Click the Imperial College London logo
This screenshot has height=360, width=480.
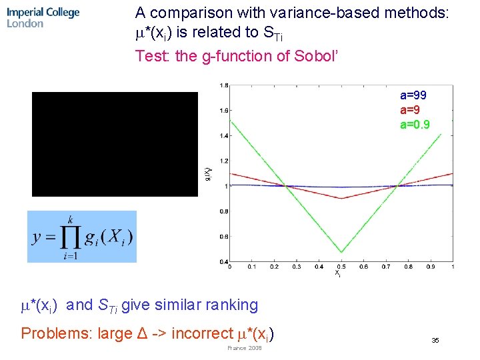(43, 17)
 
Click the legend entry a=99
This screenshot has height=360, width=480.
(413, 95)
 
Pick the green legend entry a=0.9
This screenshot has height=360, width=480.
(415, 125)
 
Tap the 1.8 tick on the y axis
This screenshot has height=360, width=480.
(225, 85)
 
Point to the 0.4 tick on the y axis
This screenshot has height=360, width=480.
(225, 261)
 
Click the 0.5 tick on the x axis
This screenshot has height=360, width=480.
(341, 267)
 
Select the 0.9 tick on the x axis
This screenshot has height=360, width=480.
(431, 267)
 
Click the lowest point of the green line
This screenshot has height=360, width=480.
(341, 252)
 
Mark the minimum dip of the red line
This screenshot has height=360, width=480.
(341, 198)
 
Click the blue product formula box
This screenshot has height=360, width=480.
(81, 237)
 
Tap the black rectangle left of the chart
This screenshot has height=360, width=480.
(115, 144)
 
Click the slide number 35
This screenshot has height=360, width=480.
(435, 341)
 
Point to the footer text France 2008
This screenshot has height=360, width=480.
(245, 348)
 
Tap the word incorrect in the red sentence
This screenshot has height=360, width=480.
(201, 333)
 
